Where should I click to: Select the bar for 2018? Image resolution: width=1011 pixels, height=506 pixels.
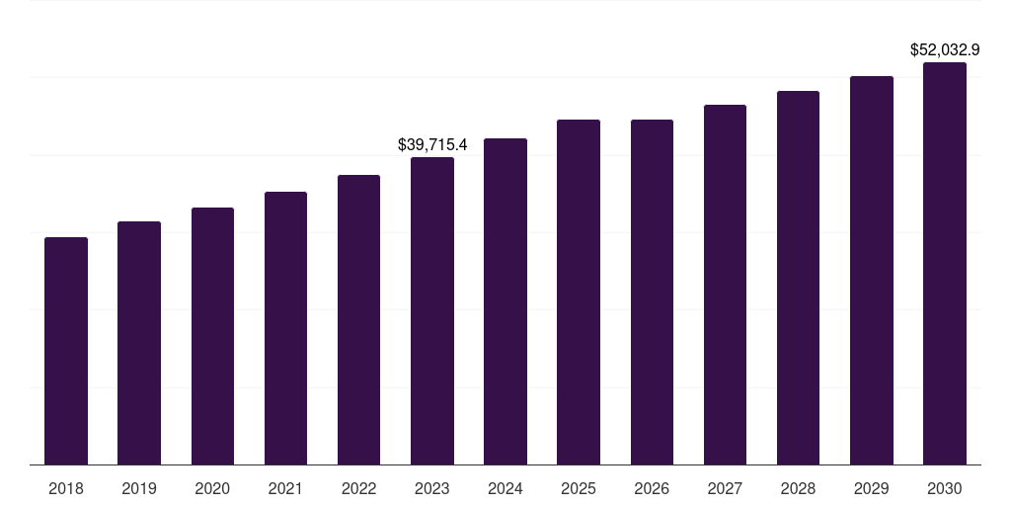click(x=66, y=351)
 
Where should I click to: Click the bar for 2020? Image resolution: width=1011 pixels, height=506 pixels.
click(x=212, y=336)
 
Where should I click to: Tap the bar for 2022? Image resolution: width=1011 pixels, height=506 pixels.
click(x=358, y=319)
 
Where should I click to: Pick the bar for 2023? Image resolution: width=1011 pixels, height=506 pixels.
click(x=432, y=310)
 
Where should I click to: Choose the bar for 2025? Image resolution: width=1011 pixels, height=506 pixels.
click(x=579, y=292)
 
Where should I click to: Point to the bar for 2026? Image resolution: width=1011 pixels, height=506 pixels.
click(x=652, y=292)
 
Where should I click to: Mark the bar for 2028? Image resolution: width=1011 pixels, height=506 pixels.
click(x=798, y=278)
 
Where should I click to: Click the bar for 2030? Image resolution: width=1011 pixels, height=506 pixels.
click(x=945, y=263)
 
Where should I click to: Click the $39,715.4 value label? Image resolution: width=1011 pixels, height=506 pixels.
click(x=432, y=144)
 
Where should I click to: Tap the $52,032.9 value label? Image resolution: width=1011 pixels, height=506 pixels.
click(x=944, y=49)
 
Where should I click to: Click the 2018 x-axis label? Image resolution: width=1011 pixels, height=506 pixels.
click(x=66, y=488)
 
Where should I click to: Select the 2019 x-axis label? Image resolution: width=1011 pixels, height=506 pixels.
click(x=139, y=488)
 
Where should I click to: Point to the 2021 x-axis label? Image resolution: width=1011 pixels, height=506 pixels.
click(x=285, y=488)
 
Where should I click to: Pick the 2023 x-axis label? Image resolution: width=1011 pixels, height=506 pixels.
click(x=432, y=488)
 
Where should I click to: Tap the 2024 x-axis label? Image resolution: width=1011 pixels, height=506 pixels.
click(x=505, y=488)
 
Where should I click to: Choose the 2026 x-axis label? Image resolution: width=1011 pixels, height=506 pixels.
click(x=652, y=488)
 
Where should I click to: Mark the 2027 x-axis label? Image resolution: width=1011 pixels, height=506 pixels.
click(x=725, y=488)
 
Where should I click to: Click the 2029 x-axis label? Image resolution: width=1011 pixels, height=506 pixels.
click(x=871, y=488)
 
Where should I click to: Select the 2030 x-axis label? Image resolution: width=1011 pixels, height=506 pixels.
click(x=945, y=488)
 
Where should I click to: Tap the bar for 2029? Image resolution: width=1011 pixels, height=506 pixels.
click(x=871, y=270)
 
